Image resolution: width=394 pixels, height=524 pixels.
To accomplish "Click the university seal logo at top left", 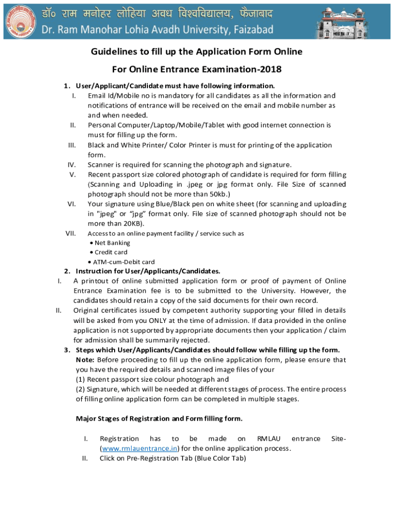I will tap(19, 19).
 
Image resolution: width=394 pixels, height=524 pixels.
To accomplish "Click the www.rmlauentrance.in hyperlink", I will tap(139, 449).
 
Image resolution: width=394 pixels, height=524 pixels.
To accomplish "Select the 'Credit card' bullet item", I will tap(111, 252).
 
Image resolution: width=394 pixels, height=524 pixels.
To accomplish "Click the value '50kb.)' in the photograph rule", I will tap(215, 194).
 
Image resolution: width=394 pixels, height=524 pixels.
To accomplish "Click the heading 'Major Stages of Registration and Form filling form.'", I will tap(159, 419).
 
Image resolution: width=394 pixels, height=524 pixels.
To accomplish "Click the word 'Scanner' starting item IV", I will tap(101, 165).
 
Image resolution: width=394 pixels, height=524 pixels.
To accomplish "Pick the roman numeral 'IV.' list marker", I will tap(72, 165).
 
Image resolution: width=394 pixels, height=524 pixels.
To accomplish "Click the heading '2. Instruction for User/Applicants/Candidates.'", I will tap(142, 271).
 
